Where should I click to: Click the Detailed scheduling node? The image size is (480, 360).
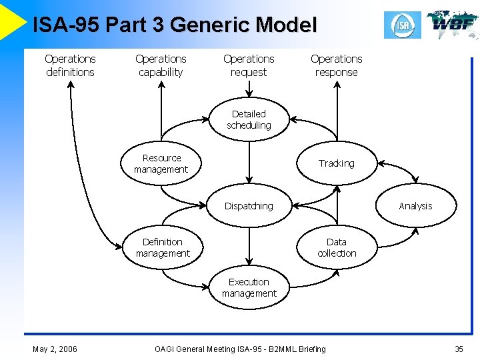249,120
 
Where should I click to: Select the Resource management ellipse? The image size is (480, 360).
161,164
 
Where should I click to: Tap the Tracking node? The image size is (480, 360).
336,163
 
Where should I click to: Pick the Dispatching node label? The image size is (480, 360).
249,206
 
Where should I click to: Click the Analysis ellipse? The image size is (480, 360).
415,206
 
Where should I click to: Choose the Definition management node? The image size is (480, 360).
163,247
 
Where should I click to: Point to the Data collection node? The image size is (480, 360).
337,247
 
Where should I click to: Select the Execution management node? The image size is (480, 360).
249,288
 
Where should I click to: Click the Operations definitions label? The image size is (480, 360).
70,65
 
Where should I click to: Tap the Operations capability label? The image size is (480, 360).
161,65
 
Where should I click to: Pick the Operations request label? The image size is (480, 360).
249,65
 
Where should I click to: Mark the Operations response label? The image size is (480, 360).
336,65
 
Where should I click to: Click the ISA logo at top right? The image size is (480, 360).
403,25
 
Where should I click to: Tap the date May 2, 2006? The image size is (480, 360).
55,349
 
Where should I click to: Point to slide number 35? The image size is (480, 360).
459,349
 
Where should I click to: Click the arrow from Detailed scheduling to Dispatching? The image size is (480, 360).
249,160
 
